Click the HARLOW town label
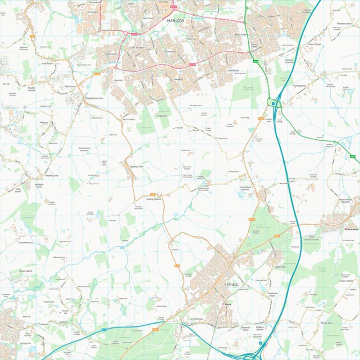click(x=175, y=20)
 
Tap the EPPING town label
click(x=231, y=285)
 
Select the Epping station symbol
click(x=226, y=304)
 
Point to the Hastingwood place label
click(x=299, y=86)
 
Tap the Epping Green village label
click(x=136, y=167)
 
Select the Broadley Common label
click(x=94, y=98)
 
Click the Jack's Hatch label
click(x=129, y=119)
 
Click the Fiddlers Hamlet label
click(x=259, y=329)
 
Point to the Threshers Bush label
click(x=344, y=24)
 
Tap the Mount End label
click(x=326, y=323)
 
